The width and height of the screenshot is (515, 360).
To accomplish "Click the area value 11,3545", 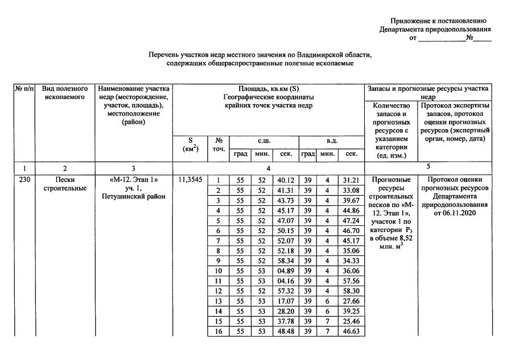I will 190,180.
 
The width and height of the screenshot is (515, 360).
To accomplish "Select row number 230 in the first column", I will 24,180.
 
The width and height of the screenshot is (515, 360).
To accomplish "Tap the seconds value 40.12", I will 285,180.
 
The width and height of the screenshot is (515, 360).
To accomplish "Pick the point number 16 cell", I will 218,332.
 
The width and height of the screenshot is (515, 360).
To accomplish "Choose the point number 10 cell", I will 218,271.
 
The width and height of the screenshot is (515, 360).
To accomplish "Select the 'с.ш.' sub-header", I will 264,140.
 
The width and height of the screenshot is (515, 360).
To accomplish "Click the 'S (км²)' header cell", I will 190,145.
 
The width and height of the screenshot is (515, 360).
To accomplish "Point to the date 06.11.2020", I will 454,213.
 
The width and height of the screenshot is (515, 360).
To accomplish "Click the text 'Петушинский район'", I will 134,197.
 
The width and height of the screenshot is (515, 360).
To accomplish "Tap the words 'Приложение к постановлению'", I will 438,21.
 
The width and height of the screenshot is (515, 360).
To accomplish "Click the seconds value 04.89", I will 285,271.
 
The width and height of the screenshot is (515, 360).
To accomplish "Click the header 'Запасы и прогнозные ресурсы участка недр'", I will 428,93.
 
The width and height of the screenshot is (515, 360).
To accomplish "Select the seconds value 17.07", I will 285,301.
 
